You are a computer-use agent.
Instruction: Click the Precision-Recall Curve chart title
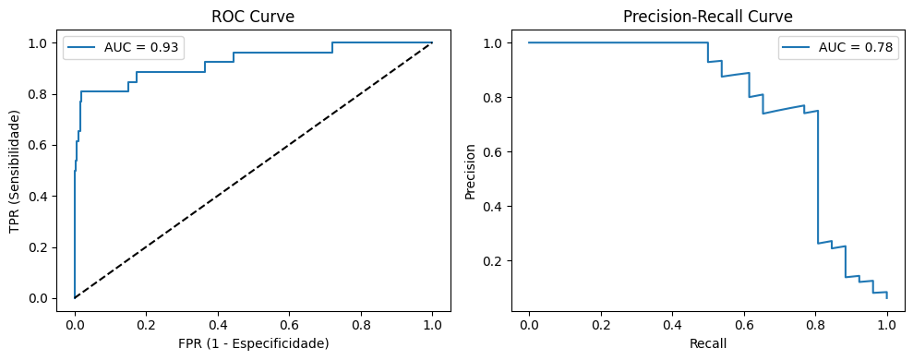click(707, 16)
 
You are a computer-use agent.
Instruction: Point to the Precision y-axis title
click(471, 171)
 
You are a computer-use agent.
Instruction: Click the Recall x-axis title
click(707, 343)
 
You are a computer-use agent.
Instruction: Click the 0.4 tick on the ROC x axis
click(218, 324)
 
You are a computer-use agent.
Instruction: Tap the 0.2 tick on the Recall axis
click(600, 324)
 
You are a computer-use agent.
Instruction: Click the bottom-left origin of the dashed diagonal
click(75, 297)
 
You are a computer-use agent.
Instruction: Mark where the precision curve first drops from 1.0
click(708, 42)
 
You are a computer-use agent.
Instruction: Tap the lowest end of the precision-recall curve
click(887, 297)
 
